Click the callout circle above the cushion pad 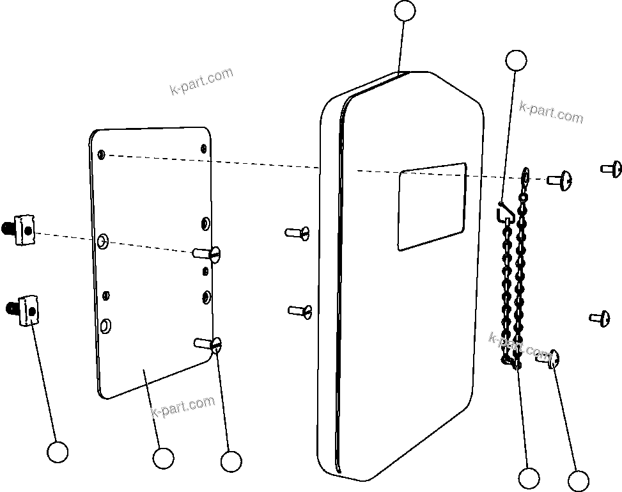[405, 11]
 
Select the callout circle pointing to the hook [516, 60]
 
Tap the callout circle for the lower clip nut [58, 452]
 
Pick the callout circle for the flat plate [163, 457]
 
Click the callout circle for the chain [529, 478]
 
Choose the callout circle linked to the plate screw [230, 461]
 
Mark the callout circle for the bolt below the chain [578, 481]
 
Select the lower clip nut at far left [25, 310]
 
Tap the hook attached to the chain [504, 211]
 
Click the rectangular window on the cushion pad [432, 206]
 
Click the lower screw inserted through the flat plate [208, 344]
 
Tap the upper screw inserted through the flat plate [208, 253]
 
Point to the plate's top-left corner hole [102, 154]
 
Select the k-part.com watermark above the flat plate [201, 81]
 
